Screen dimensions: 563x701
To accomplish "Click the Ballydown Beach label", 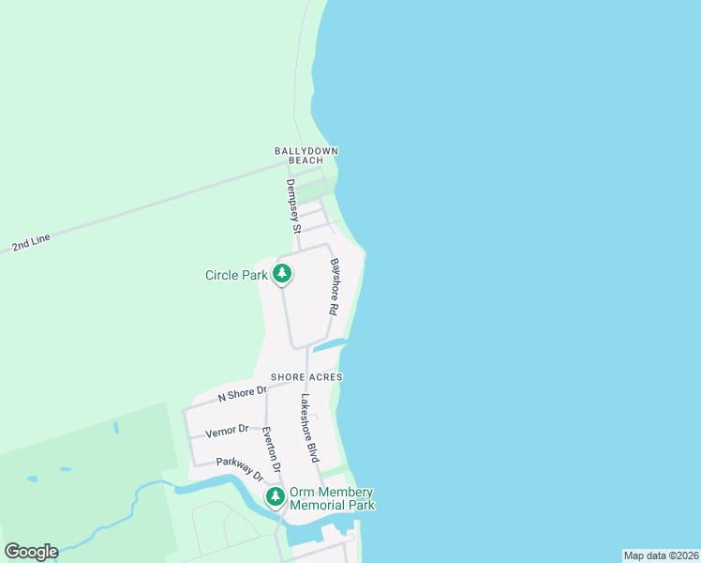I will coord(306,156).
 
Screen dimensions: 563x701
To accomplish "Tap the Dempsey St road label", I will coord(293,205).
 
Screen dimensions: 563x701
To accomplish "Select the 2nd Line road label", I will coord(31,243).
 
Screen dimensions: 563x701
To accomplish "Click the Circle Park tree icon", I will coord(282,274).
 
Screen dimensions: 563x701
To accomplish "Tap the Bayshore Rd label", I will coord(335,287).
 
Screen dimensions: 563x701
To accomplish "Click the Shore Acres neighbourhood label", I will coord(306,377).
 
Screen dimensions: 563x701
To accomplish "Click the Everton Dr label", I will coord(271,449).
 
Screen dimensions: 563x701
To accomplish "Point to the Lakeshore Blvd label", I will coord(309,428).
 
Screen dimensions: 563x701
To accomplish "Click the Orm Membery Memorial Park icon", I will coord(276,496).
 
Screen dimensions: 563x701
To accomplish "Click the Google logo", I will coord(31,552).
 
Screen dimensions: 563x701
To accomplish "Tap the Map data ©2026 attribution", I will coord(662,555).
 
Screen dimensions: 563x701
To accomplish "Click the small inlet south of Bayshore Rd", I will coord(327,346).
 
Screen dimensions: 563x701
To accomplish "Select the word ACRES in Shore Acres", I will coord(326,377).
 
